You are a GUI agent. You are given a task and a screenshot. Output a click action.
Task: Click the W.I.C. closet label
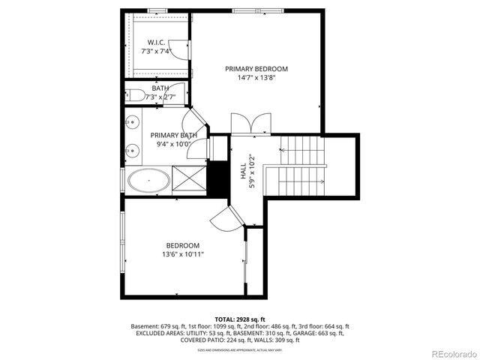pyautogui.click(x=156, y=42)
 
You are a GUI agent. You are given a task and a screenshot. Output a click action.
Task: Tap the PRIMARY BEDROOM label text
pyautogui.click(x=256, y=68)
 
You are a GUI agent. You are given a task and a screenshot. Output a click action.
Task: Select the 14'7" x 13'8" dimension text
pyautogui.click(x=256, y=77)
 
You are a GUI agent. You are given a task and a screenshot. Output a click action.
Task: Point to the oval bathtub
pyautogui.click(x=148, y=180)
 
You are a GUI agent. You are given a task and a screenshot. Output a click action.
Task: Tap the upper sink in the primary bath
pyautogui.click(x=132, y=121)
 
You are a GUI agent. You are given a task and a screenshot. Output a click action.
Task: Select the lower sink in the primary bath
pyautogui.click(x=132, y=148)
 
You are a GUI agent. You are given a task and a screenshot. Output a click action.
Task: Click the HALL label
pyautogui.click(x=243, y=174)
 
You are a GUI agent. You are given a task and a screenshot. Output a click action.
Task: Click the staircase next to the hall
pyautogui.click(x=303, y=166)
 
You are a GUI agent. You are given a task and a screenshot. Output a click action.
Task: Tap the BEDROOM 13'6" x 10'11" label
pyautogui.click(x=182, y=250)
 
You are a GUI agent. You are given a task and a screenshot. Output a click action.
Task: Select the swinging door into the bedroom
pyautogui.click(x=226, y=217)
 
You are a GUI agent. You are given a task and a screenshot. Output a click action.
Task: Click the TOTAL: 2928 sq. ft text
pyautogui.click(x=239, y=319)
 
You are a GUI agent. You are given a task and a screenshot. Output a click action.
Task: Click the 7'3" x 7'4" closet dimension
pyautogui.click(x=156, y=51)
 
